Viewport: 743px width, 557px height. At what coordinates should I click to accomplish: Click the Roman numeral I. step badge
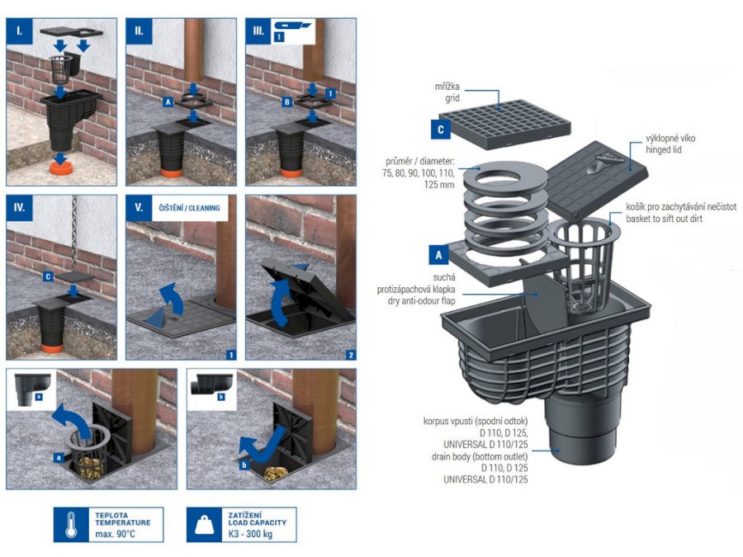coord(19,31)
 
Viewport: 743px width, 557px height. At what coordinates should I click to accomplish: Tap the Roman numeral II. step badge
coord(139,31)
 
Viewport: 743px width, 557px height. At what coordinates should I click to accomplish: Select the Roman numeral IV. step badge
coord(20,208)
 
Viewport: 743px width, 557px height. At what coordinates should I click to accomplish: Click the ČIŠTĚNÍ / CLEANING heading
coord(190,208)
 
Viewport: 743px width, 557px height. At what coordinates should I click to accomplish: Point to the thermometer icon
coord(71,525)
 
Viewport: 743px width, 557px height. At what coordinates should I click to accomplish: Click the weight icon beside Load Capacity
coord(205,525)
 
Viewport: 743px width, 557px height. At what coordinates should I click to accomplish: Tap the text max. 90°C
coord(115,534)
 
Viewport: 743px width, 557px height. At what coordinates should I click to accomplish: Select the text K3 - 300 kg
coord(250,534)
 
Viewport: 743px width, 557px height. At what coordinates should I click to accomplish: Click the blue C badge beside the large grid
coord(440,130)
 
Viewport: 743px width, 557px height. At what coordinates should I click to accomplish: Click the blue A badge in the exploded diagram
coord(438,255)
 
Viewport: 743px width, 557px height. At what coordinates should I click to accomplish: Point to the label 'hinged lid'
coord(664,150)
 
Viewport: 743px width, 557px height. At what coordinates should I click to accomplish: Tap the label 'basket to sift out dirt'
coord(664,219)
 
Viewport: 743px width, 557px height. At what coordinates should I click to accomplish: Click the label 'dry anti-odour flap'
coord(421,300)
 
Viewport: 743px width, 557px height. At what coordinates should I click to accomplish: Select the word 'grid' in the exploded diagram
coord(452,98)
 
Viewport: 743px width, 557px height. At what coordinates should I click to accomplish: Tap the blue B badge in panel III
coord(286,101)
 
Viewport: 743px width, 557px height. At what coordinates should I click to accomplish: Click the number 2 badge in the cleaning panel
coord(351,355)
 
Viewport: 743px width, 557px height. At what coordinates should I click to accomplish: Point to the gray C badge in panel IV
coord(48,276)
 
